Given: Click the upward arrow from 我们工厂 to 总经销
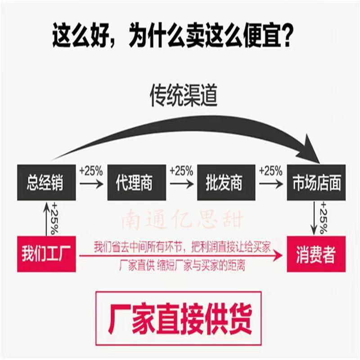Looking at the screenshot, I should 46,218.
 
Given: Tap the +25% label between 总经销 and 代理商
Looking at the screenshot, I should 91,171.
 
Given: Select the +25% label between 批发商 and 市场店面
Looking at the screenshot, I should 270,171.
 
